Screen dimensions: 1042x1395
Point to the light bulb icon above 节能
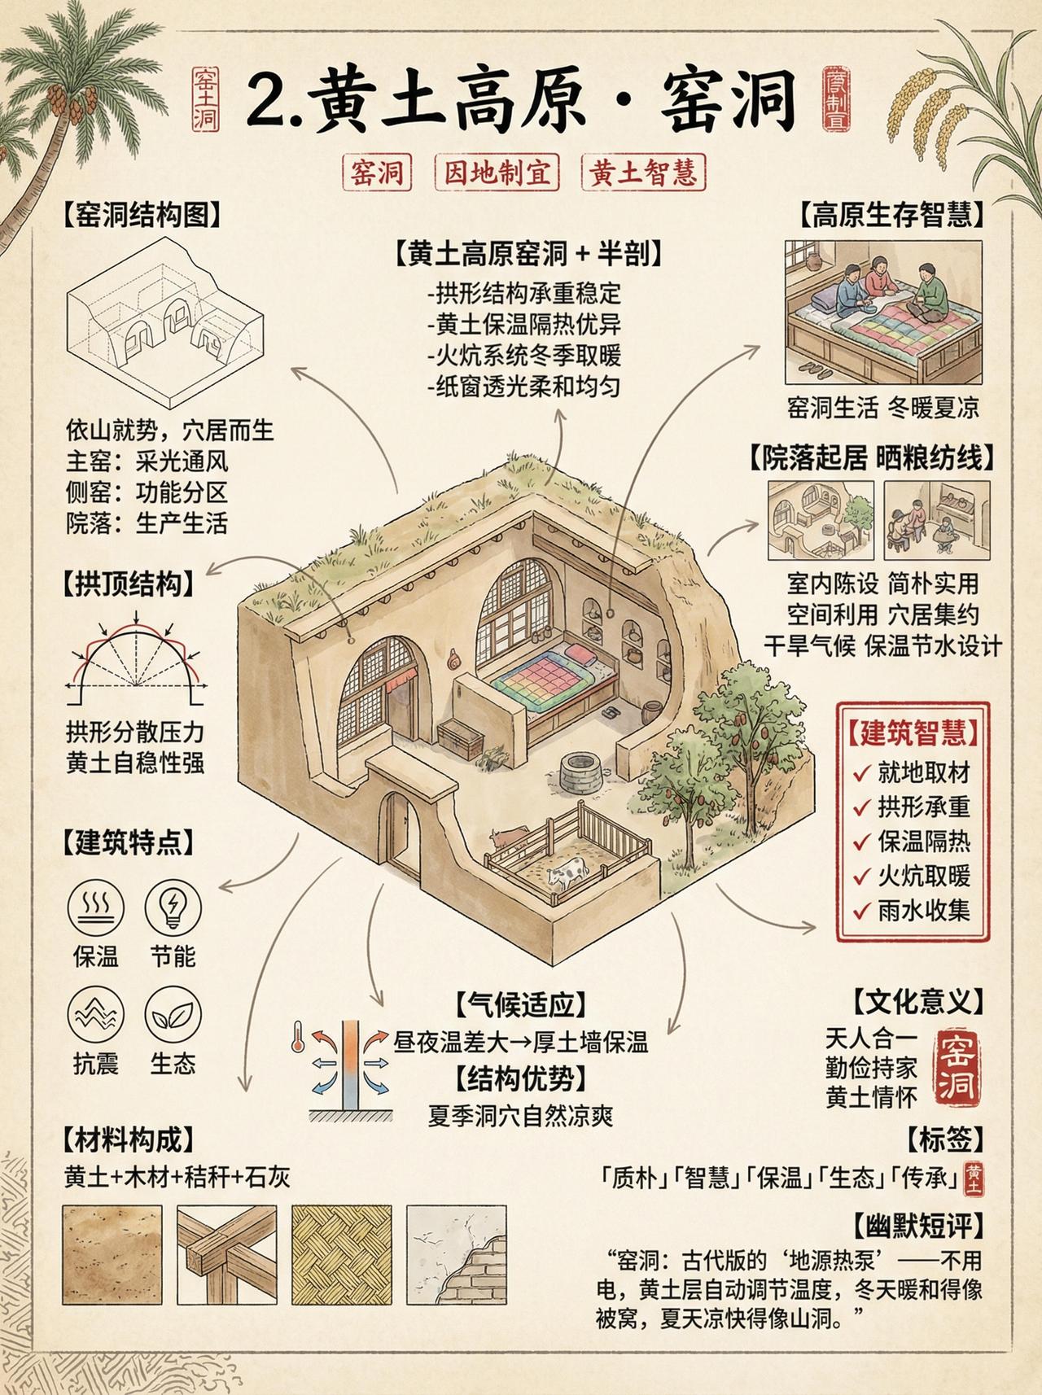click(x=173, y=907)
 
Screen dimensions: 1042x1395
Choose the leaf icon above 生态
click(x=173, y=1015)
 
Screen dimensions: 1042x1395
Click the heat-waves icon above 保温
click(x=96, y=907)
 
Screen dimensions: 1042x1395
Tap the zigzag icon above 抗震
click(x=96, y=1015)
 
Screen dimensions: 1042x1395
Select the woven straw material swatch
click(x=339, y=1254)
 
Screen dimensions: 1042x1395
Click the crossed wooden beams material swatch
click(x=226, y=1254)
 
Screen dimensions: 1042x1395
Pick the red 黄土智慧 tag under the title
click(x=643, y=173)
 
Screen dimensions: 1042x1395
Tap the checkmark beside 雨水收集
click(x=861, y=911)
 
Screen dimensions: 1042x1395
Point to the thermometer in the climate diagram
click(x=299, y=1043)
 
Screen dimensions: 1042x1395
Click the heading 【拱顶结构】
click(x=129, y=585)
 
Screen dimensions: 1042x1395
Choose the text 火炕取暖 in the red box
click(x=923, y=876)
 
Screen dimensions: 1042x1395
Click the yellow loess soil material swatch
click(x=112, y=1254)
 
